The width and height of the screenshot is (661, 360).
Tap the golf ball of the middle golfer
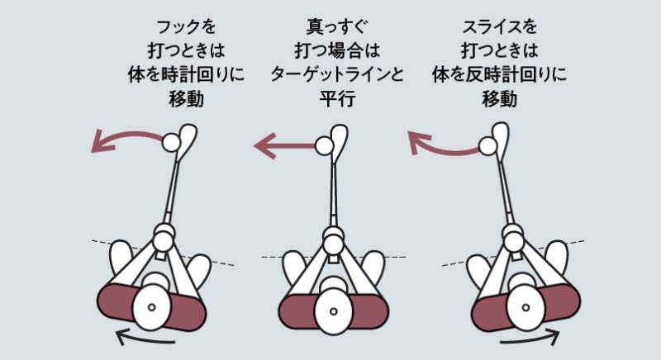(x=325, y=148)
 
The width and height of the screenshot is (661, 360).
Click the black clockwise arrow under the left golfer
(x=145, y=336)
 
